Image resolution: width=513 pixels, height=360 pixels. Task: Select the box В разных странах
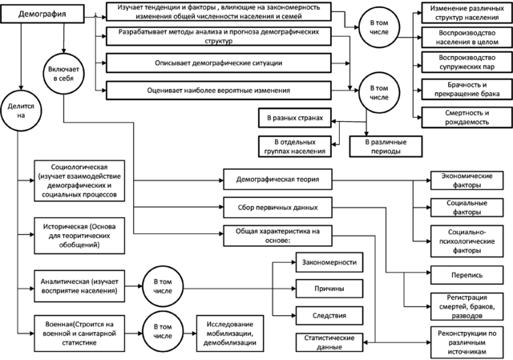pos(294,118)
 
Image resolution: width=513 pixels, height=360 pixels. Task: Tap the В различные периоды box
pos(383,146)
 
